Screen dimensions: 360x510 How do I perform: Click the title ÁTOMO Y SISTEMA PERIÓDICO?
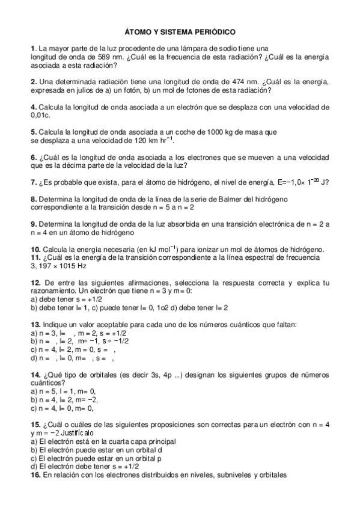click(180, 29)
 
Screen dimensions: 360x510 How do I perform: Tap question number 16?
click(35, 475)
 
